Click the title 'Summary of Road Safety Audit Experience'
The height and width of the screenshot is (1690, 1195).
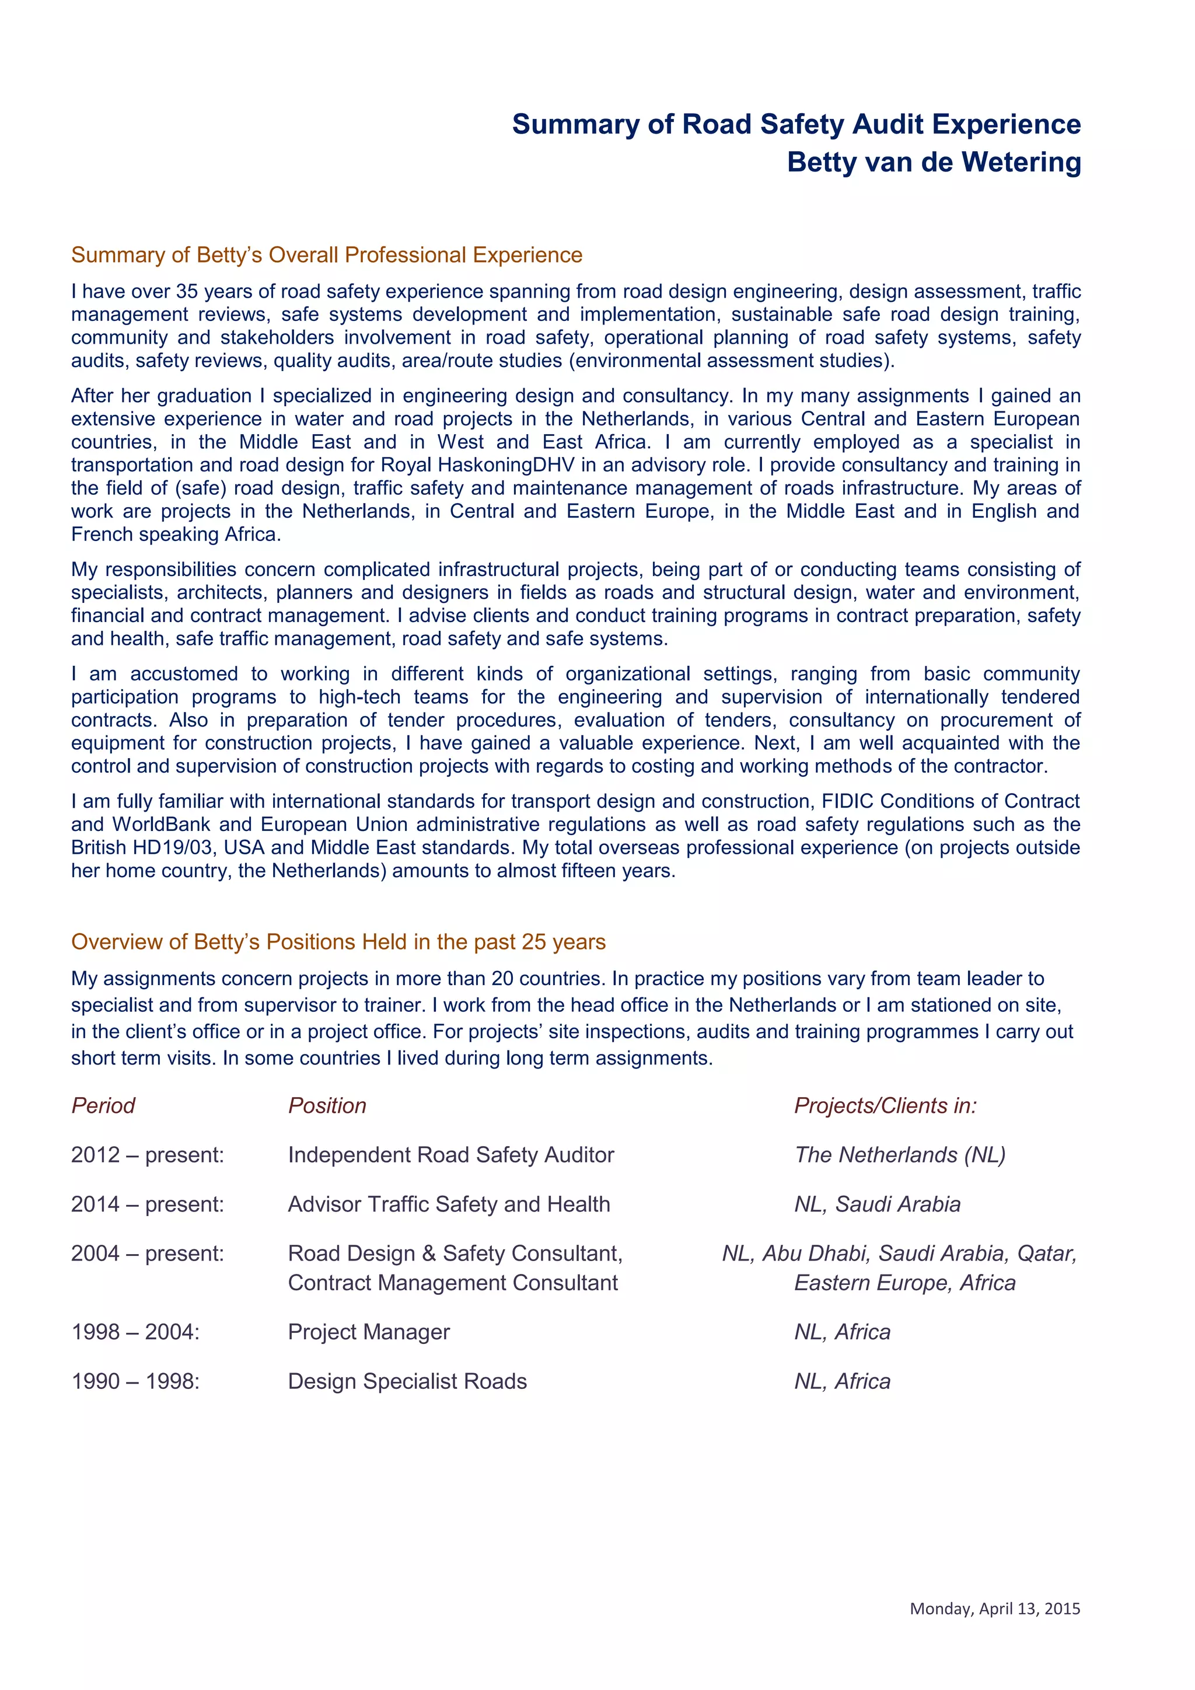(x=796, y=124)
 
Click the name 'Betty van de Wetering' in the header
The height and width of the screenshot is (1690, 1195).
(x=933, y=162)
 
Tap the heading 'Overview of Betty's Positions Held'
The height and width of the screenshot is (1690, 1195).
(x=338, y=941)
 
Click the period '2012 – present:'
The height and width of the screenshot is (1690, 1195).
(x=147, y=1154)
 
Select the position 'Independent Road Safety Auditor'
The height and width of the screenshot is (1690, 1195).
(x=450, y=1154)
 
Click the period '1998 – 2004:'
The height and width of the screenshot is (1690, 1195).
(x=135, y=1332)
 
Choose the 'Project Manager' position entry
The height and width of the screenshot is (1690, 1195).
(x=369, y=1332)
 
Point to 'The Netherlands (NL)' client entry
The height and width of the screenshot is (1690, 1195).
(x=899, y=1154)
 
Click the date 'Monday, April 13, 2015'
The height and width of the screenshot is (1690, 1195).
(x=995, y=1608)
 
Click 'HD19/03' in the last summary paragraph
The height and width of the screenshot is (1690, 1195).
(x=174, y=847)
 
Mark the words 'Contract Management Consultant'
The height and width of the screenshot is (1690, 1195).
(x=453, y=1282)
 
